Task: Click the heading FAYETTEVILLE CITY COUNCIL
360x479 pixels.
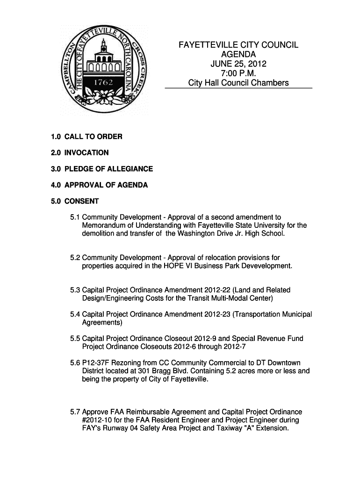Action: [238, 45]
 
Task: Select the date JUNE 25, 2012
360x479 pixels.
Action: [238, 64]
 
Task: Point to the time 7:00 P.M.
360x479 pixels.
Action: [238, 73]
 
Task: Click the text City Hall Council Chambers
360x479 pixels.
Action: [238, 83]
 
